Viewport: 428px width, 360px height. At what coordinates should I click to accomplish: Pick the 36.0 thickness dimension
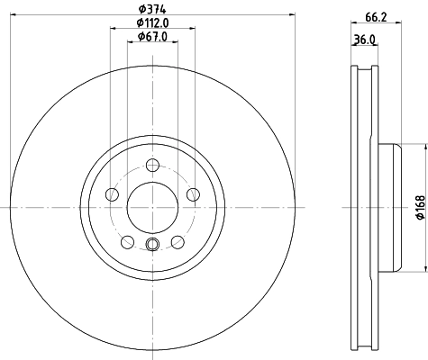[362, 39]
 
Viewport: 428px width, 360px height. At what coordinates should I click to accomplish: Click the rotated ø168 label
[419, 208]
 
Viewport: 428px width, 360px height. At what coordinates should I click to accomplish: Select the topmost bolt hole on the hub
[151, 165]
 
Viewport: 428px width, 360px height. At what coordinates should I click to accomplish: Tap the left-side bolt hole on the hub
[111, 194]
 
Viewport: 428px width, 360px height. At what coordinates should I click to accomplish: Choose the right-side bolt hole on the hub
[192, 194]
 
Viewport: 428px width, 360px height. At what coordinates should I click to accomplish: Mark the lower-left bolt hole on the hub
[126, 242]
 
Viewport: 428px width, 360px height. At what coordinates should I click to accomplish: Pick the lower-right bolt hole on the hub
[177, 242]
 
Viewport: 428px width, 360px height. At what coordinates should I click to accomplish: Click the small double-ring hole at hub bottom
[151, 247]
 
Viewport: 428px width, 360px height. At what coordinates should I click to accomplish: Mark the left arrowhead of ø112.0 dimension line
[114, 28]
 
